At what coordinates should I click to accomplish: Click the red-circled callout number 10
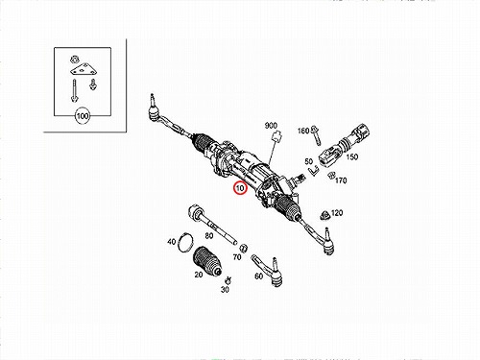[x=240, y=188]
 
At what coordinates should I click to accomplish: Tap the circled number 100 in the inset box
[x=83, y=115]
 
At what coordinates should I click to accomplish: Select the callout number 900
[x=271, y=126]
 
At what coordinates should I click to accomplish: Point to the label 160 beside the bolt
[x=303, y=131]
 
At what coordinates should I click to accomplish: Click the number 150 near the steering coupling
[x=351, y=156]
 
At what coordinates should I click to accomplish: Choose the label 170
[x=341, y=180]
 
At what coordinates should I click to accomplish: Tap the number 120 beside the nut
[x=337, y=213]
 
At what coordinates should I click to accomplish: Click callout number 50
[x=308, y=161]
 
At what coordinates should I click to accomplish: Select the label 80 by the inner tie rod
[x=209, y=236]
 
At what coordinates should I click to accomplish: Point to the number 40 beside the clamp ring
[x=172, y=242]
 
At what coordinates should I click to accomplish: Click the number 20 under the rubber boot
[x=199, y=275]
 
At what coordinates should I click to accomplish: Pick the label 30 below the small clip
[x=225, y=289]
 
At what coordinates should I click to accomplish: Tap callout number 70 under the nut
[x=237, y=257]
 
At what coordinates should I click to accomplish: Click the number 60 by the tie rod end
[x=258, y=276]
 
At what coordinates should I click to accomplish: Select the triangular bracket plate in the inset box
[x=84, y=70]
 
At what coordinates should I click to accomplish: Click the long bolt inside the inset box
[x=74, y=91]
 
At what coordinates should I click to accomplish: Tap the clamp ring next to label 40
[x=186, y=243]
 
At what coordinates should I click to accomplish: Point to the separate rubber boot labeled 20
[x=207, y=261]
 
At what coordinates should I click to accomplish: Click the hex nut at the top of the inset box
[x=74, y=60]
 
